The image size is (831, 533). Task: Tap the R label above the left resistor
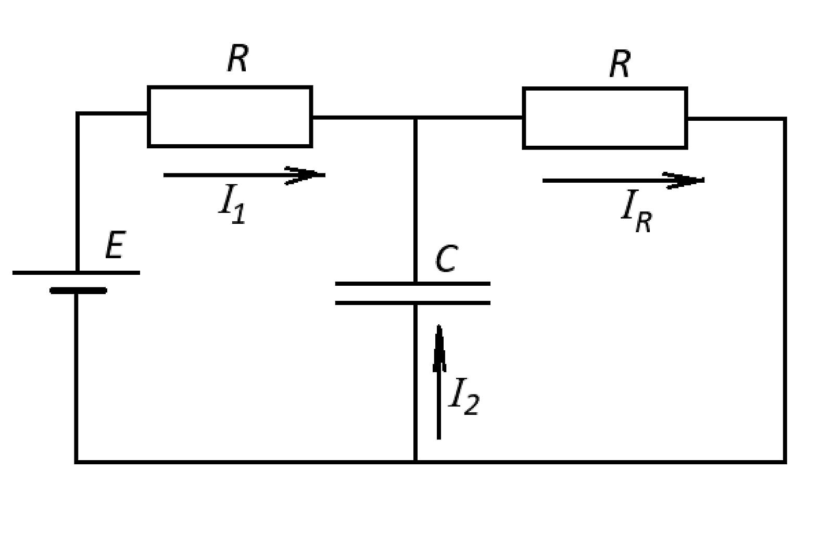238,58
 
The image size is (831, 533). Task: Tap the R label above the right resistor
620,64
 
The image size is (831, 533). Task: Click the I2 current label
464,397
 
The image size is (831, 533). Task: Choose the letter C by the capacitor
446,259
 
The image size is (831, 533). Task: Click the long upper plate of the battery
76,273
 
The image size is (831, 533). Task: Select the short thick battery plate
78,290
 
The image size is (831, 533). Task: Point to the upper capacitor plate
412,284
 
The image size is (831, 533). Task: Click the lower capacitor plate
412,303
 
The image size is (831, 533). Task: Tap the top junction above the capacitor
415,118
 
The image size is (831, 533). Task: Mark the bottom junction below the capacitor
415,462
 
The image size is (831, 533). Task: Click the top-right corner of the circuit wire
785,119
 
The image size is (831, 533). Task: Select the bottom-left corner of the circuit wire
76,462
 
